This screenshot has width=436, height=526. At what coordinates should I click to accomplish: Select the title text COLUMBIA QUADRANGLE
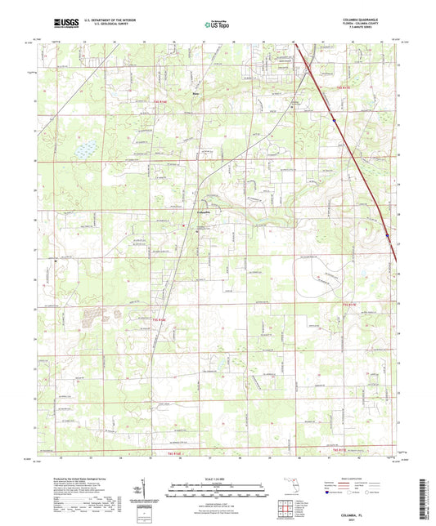tap(372, 19)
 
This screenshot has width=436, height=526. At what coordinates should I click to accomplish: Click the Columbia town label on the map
tap(207, 212)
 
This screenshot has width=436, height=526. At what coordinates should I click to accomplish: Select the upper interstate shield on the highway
tap(335, 120)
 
